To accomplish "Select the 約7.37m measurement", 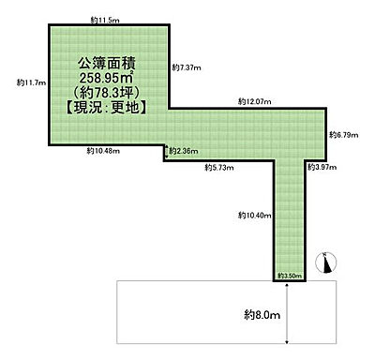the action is pyautogui.click(x=187, y=67).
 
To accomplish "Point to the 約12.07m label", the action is pyautogui.click(x=253, y=100).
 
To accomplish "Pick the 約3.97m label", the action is pyautogui.click(x=322, y=167).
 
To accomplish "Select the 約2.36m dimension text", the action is pyautogui.click(x=184, y=150).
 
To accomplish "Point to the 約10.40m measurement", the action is pyautogui.click(x=254, y=216).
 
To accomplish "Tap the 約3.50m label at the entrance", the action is pyautogui.click(x=288, y=277).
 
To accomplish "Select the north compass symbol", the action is pyautogui.click(x=325, y=263).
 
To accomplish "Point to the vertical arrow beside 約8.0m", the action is pyautogui.click(x=288, y=318).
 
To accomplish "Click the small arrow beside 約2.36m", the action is pyautogui.click(x=166, y=150).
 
